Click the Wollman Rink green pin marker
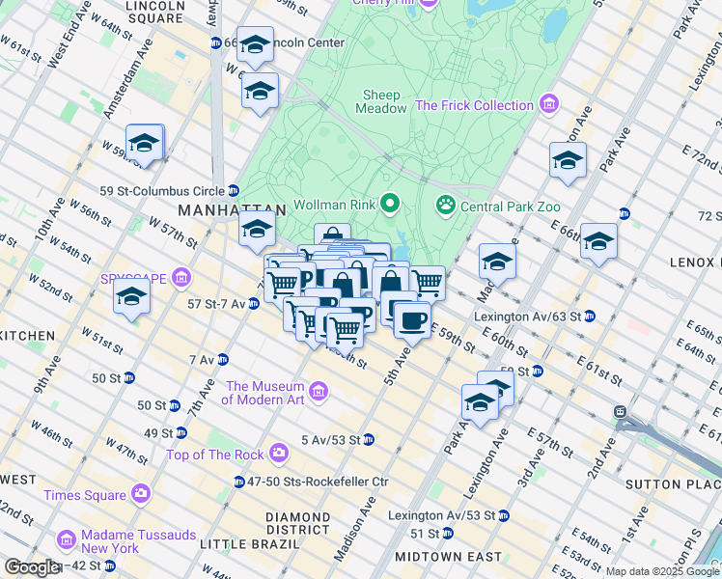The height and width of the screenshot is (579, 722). [x=390, y=204]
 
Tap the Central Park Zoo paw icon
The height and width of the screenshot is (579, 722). [x=445, y=204]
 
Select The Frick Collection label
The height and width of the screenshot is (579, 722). [x=474, y=105]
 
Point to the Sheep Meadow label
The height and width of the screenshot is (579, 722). [x=384, y=101]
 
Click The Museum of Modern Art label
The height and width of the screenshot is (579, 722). [x=264, y=393]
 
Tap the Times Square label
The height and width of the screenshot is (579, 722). [x=85, y=495]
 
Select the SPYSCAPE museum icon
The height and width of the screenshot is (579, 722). [x=180, y=279]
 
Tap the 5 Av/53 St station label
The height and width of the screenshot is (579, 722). [x=330, y=440]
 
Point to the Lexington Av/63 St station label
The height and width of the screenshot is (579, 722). [x=526, y=316]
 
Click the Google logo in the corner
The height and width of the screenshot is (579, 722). [x=31, y=567]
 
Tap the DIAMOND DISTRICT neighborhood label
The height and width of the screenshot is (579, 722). [x=298, y=524]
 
